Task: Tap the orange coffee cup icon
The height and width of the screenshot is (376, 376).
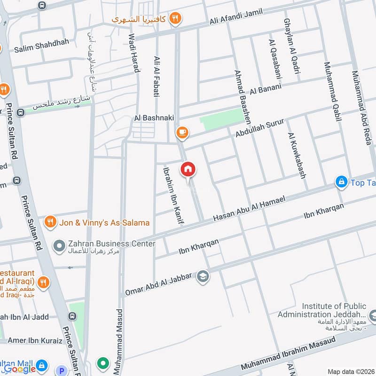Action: (182, 133)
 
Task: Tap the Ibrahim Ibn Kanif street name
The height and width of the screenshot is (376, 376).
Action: (172, 194)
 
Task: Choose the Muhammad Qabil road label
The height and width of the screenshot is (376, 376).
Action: (332, 92)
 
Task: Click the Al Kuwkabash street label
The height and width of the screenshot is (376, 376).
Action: (297, 155)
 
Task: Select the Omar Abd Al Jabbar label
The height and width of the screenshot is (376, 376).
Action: (159, 284)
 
